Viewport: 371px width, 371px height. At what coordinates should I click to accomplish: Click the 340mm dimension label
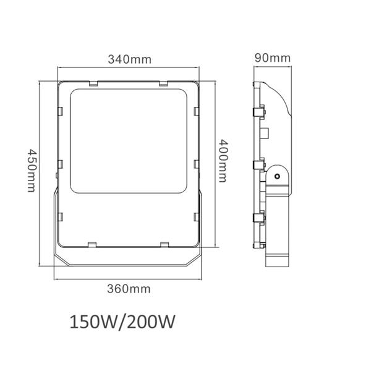130,59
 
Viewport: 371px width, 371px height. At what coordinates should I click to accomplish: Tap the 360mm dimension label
129,289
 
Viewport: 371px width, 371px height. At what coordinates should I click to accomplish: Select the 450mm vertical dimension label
32,171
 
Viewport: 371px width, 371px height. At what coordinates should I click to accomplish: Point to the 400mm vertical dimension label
223,161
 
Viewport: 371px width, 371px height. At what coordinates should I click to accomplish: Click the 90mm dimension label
273,58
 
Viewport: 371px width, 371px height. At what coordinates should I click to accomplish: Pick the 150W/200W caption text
122,322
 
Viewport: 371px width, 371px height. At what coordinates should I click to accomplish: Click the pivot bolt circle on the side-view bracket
277,176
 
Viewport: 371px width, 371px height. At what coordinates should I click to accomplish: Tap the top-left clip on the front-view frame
94,83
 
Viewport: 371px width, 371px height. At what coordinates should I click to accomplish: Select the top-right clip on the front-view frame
163,83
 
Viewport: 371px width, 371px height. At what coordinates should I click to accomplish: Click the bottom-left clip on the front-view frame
92,244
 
